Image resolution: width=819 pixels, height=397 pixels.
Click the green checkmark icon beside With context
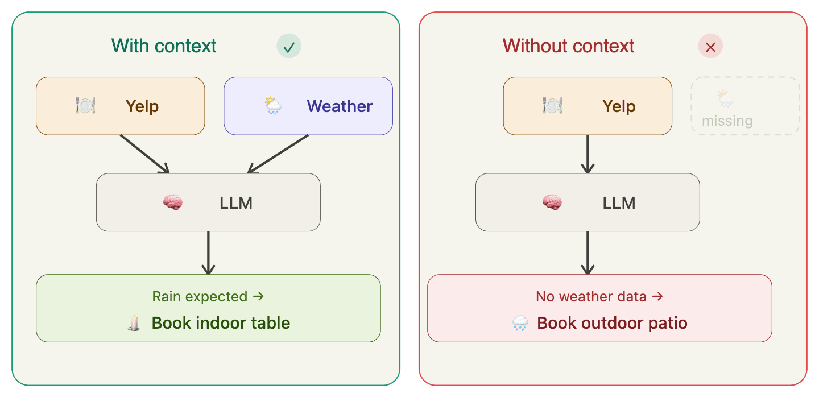[289, 47]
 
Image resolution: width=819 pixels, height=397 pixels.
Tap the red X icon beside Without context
[710, 47]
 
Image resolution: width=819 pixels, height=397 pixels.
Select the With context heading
[164, 46]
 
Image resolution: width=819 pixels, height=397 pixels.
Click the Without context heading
[568, 46]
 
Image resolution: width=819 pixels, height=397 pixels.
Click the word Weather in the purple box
[340, 106]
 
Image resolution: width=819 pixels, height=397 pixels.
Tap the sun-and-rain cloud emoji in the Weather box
[273, 106]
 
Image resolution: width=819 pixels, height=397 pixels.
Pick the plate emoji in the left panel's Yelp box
[85, 106]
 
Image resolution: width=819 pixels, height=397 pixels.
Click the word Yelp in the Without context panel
[619, 106]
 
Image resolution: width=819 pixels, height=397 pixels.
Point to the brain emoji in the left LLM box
[173, 202]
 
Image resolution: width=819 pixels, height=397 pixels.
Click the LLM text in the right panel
[619, 203]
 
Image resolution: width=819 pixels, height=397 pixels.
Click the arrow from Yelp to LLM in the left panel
[145, 154]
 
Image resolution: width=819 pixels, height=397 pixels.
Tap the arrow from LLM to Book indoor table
[208, 253]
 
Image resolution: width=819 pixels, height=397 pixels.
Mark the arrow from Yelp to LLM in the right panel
[588, 154]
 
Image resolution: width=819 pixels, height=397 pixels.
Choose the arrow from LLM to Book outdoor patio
[588, 253]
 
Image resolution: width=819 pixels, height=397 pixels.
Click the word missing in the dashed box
[727, 121]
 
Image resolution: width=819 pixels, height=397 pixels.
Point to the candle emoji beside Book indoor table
[134, 323]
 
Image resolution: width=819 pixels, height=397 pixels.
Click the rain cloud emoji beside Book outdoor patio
[520, 324]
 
